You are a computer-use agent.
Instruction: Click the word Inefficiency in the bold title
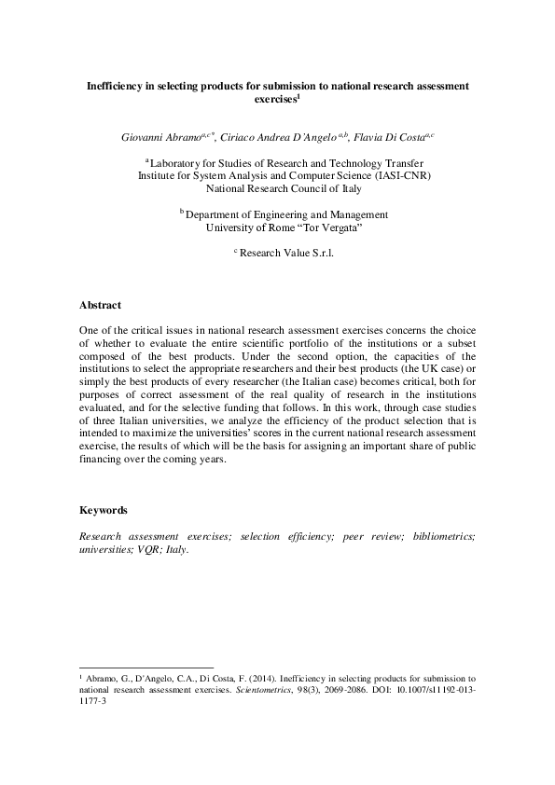point(116,85)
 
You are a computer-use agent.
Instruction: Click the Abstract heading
point(100,305)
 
